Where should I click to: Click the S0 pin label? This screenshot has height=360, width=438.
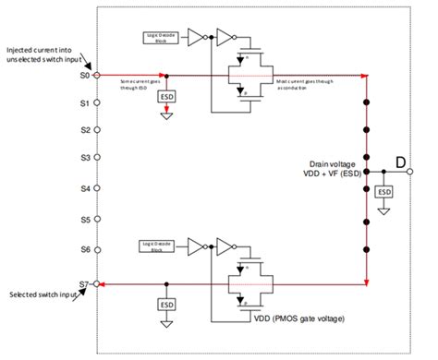(x=83, y=75)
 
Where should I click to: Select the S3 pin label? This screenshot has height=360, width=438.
(x=83, y=159)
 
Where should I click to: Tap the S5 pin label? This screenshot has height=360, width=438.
(x=83, y=220)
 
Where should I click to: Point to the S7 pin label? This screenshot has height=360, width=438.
(x=83, y=283)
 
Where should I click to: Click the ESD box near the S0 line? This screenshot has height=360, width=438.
(x=167, y=96)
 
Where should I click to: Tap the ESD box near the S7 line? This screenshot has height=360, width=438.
(x=166, y=303)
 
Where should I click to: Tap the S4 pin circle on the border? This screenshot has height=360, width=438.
(x=98, y=189)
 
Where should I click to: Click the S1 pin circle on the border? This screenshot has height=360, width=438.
(x=98, y=103)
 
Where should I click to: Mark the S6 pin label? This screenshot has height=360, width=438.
(x=83, y=250)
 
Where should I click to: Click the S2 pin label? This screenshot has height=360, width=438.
(x=83, y=131)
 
